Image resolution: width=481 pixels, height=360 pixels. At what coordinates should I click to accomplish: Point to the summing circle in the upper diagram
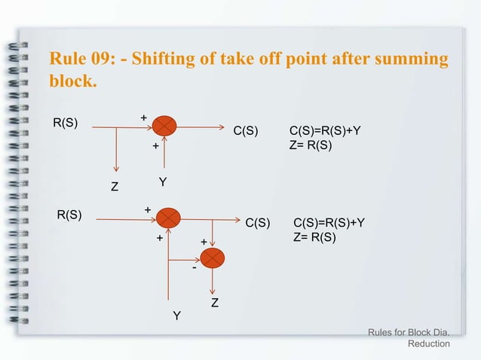point(164,127)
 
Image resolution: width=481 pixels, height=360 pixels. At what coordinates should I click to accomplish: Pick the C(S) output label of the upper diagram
point(246,132)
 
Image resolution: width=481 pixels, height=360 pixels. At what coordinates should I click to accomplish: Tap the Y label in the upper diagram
point(162,183)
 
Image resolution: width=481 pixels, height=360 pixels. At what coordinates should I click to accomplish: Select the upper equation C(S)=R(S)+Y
point(325,131)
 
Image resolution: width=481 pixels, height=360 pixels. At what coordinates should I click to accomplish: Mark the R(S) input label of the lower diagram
point(70,215)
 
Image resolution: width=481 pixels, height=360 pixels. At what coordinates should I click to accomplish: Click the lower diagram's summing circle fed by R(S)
point(170,218)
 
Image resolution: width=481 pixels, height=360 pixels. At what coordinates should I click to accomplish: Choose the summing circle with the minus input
point(213,258)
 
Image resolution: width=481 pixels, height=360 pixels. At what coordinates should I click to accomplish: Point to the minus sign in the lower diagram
point(194,267)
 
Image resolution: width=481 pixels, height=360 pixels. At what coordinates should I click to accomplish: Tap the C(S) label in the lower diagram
point(259,223)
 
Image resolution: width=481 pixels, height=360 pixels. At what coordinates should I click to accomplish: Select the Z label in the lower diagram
point(214,304)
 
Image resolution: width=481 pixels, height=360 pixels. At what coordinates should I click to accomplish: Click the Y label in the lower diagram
point(176,316)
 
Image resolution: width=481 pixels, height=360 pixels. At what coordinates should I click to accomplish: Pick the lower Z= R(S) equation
point(314,237)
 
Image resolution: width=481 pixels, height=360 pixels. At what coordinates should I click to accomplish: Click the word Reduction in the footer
point(428,343)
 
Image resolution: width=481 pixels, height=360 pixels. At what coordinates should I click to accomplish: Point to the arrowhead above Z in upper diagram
point(115,167)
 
